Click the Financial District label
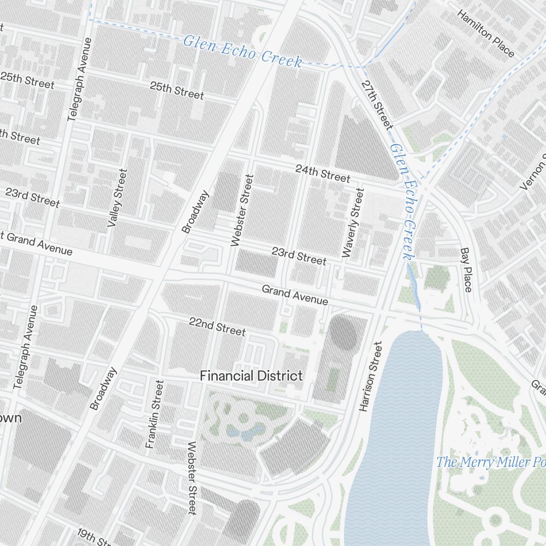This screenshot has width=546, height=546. click(251, 376)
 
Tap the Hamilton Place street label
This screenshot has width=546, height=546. click(485, 33)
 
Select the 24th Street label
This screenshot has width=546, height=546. click(323, 173)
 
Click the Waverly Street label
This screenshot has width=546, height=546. click(353, 222)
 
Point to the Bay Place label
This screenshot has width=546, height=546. click(466, 270)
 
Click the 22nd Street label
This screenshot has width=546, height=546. click(217, 326)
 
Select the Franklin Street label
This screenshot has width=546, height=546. click(155, 414)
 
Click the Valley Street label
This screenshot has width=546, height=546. click(117, 198)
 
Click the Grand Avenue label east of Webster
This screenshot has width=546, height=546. click(295, 295)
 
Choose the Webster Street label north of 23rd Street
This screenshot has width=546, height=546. click(242, 210)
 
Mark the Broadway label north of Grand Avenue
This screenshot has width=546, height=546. click(195, 211)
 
